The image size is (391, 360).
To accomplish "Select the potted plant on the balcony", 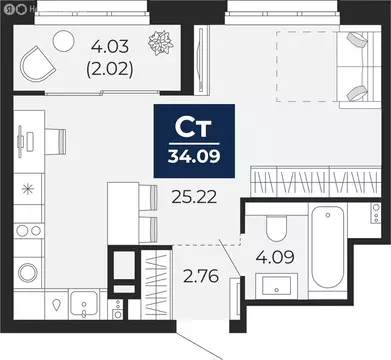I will coord(158,46).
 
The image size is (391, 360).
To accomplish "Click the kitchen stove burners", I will coord(26,241).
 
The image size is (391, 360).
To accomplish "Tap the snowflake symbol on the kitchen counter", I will coord(26,187).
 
